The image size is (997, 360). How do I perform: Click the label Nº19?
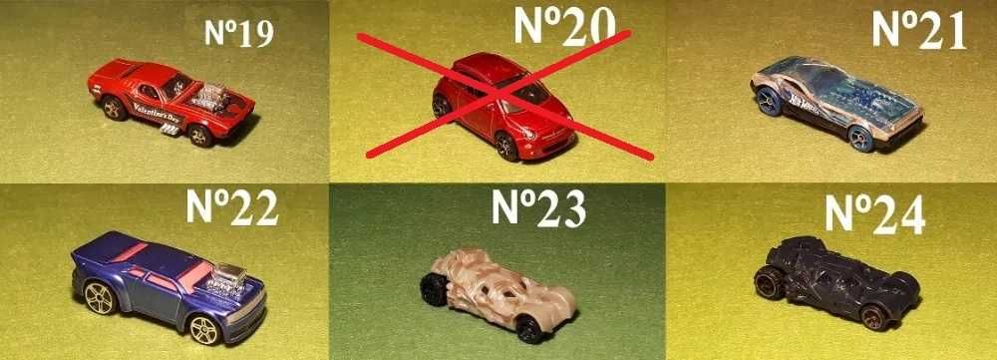pos(238,35)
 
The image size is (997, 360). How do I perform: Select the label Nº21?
pos(918,30)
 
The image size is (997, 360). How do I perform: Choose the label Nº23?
pos(539,206)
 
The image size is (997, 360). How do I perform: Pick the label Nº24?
pos(875,212)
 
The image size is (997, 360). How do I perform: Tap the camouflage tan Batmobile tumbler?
pos(498,284)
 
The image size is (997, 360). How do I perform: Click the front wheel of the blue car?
pos(205,328)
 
